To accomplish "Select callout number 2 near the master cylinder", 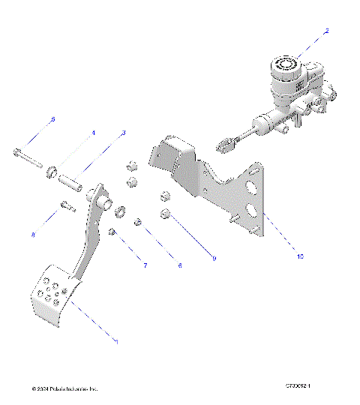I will pos(326,31).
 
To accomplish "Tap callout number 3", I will pos(124,133).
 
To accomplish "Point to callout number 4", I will pos(94,133).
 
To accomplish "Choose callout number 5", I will pos(52,120).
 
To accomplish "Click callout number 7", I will pos(145,265).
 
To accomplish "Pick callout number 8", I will pos(33,235).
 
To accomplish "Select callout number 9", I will pos(214,259).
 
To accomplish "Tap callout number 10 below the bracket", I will pos(300,256).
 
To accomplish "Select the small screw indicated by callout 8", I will pos(66,206).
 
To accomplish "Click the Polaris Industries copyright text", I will pos(64,388).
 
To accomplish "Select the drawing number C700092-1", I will pos(298,386).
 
